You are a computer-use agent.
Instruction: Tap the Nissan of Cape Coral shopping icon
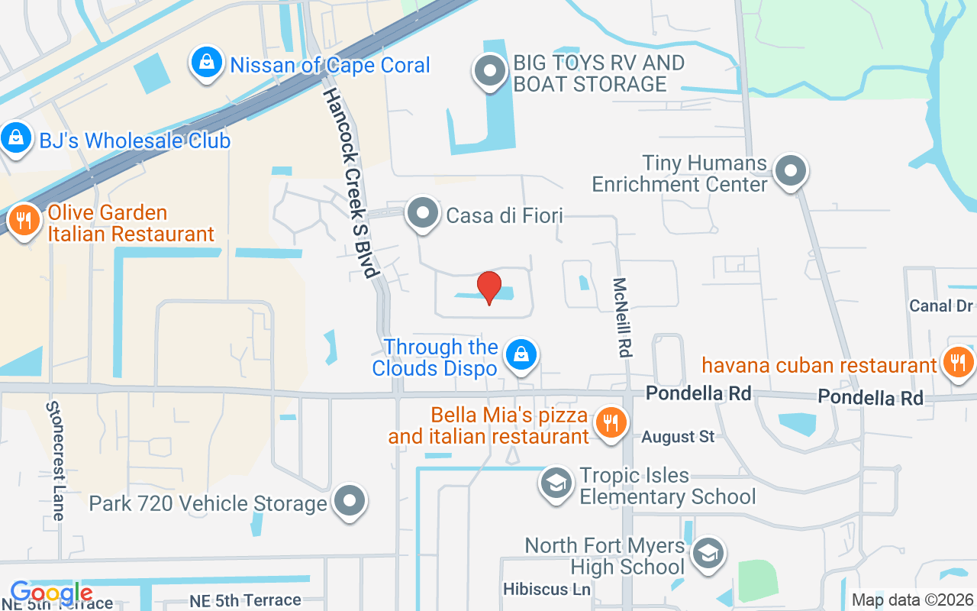pyautogui.click(x=207, y=62)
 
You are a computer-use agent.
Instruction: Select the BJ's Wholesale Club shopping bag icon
pyautogui.click(x=15, y=138)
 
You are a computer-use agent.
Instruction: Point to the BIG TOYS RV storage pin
pyautogui.click(x=490, y=72)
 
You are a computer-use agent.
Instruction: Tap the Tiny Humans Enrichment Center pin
pyautogui.click(x=791, y=170)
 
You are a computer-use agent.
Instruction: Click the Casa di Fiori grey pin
pyautogui.click(x=422, y=213)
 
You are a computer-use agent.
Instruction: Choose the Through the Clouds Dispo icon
pyautogui.click(x=521, y=354)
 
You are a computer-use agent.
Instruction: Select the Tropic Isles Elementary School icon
pyautogui.click(x=556, y=483)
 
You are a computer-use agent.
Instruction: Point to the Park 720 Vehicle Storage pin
pyautogui.click(x=350, y=501)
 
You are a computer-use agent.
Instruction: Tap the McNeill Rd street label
pyautogui.click(x=624, y=317)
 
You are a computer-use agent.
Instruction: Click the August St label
pyautogui.click(x=678, y=437)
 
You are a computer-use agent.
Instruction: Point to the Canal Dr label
pyautogui.click(x=941, y=305)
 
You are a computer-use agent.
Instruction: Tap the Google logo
pyautogui.click(x=51, y=593)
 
